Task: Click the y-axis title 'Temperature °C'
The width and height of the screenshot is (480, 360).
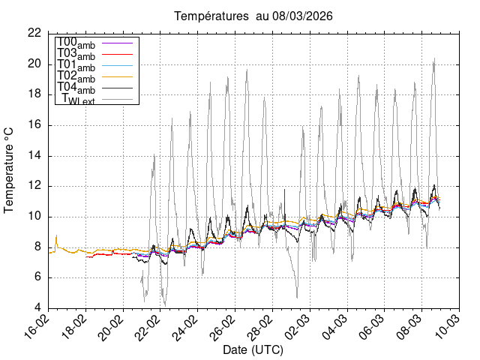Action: pyautogui.click(x=10, y=169)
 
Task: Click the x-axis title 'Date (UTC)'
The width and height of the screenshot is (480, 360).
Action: pyautogui.click(x=253, y=350)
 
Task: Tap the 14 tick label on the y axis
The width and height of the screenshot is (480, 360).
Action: pyautogui.click(x=34, y=156)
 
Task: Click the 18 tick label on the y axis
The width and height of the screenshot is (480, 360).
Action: pyautogui.click(x=34, y=94)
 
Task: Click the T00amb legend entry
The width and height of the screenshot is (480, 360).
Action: pyautogui.click(x=76, y=43)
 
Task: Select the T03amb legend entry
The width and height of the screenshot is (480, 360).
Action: pyautogui.click(x=76, y=54)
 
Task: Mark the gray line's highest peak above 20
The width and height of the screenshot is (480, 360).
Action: pyautogui.click(x=434, y=58)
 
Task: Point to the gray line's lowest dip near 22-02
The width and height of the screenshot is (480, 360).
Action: pyautogui.click(x=165, y=304)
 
